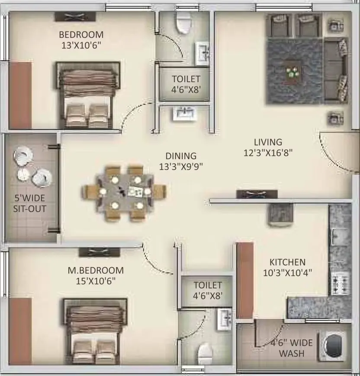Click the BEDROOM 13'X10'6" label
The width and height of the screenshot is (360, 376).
[81, 40]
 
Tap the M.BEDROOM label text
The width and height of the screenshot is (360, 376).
[96, 270]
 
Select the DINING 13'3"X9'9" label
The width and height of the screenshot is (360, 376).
[181, 161]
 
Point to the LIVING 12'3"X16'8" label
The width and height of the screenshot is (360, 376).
[268, 147]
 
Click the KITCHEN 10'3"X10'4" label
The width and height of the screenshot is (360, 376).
[288, 267]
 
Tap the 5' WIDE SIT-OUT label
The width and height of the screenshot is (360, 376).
[29, 203]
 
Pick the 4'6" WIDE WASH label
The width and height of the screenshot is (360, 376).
[292, 348]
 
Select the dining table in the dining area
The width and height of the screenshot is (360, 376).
[124, 193]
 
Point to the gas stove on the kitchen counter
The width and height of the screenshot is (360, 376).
[340, 284]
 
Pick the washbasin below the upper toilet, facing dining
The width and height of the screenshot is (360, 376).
[184, 113]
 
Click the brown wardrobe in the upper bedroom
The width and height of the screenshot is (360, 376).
[20, 96]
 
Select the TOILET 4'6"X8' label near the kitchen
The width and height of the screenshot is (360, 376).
[208, 290]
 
